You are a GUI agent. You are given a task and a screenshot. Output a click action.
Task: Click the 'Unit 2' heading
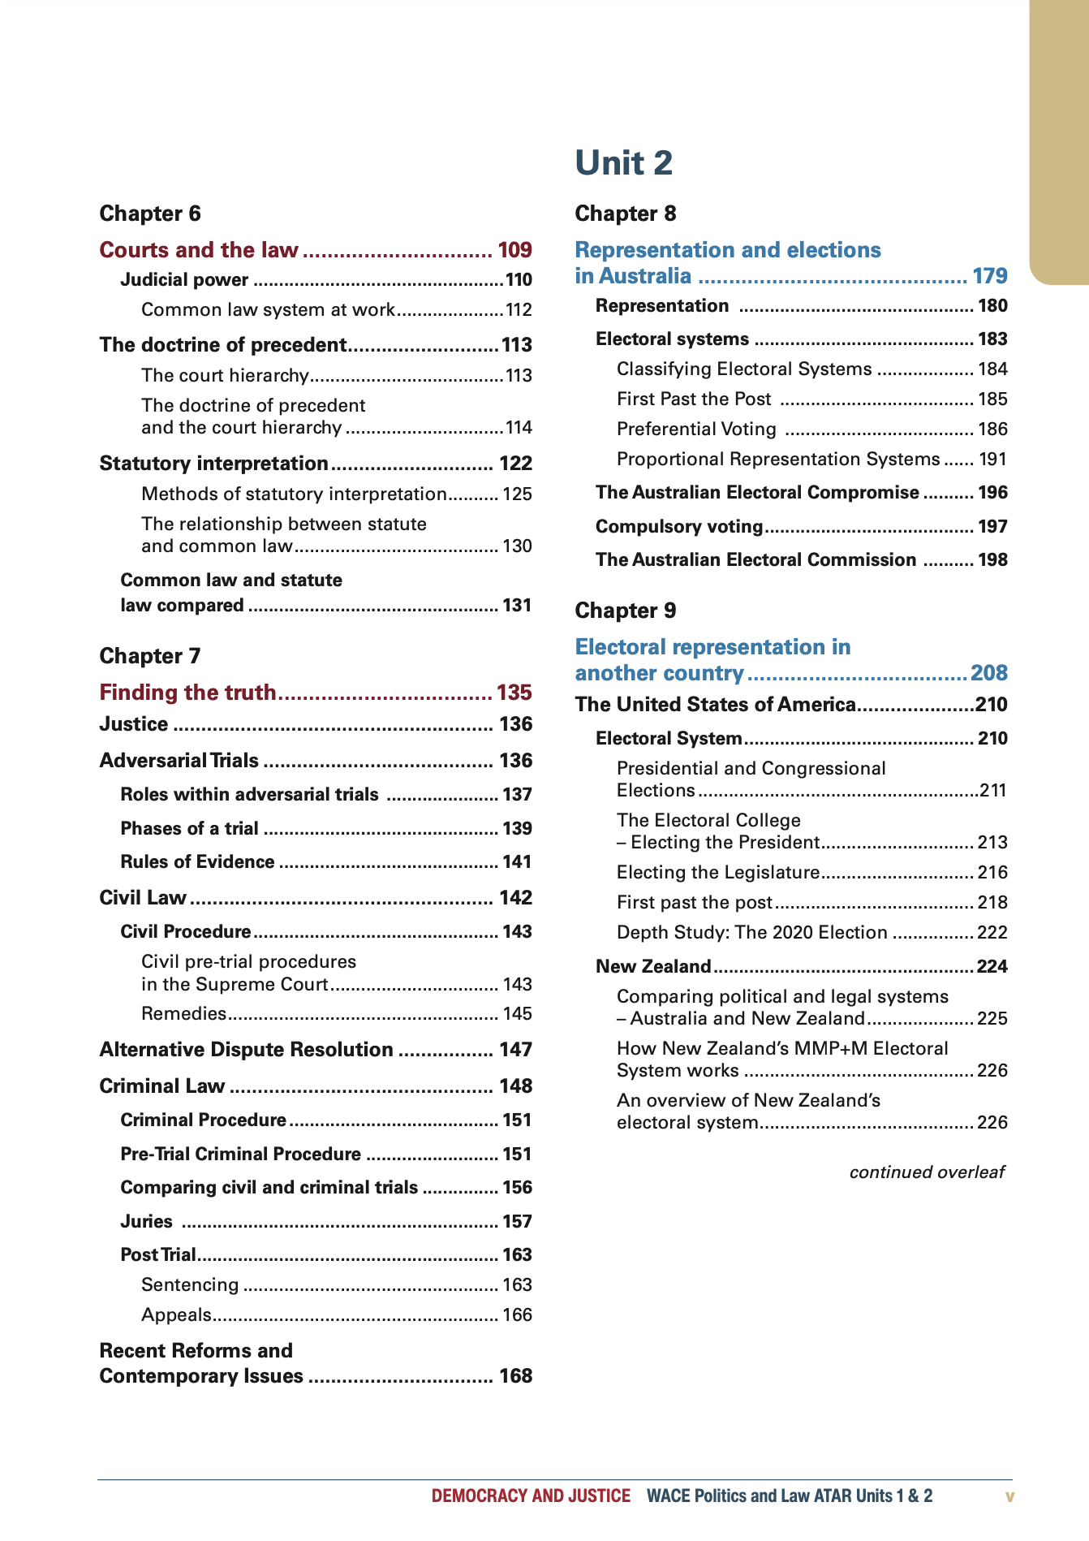pos(623,163)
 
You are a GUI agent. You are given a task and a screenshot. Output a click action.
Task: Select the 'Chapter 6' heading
pos(149,214)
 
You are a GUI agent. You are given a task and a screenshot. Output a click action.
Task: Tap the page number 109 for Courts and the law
pos(514,250)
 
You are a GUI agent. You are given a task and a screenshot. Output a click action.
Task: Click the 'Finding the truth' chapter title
pos(187,693)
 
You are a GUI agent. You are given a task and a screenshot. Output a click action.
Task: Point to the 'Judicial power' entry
pos(184,280)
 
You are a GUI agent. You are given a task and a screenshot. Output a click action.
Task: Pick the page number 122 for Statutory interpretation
pos(515,464)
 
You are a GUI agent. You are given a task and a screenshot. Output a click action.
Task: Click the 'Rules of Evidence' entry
pos(197,862)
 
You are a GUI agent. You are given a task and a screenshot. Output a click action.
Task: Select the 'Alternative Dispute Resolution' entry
pos(246,1050)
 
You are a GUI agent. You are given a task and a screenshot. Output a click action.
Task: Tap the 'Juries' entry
pos(146,1222)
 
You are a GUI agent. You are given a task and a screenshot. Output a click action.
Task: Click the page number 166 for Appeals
pos(517,1314)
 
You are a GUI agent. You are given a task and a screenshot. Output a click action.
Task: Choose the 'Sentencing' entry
pos(190,1284)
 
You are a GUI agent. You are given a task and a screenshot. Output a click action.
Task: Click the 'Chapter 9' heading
pos(625,611)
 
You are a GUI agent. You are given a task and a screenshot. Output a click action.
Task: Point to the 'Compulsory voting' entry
pos(678,527)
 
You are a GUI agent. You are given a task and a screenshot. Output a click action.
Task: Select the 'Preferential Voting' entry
pos(696,429)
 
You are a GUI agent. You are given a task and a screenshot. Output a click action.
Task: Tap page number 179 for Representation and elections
pos(989,276)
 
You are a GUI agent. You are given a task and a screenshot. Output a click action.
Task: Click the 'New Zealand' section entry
pos(652,966)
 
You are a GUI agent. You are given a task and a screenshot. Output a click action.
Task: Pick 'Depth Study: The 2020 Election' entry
pos(751,932)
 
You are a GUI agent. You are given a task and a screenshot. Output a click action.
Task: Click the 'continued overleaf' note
pos(926,1172)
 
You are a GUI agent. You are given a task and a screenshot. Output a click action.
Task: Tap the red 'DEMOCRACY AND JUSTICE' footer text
pos(531,1496)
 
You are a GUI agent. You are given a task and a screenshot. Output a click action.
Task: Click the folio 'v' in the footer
pos(1009,1496)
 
